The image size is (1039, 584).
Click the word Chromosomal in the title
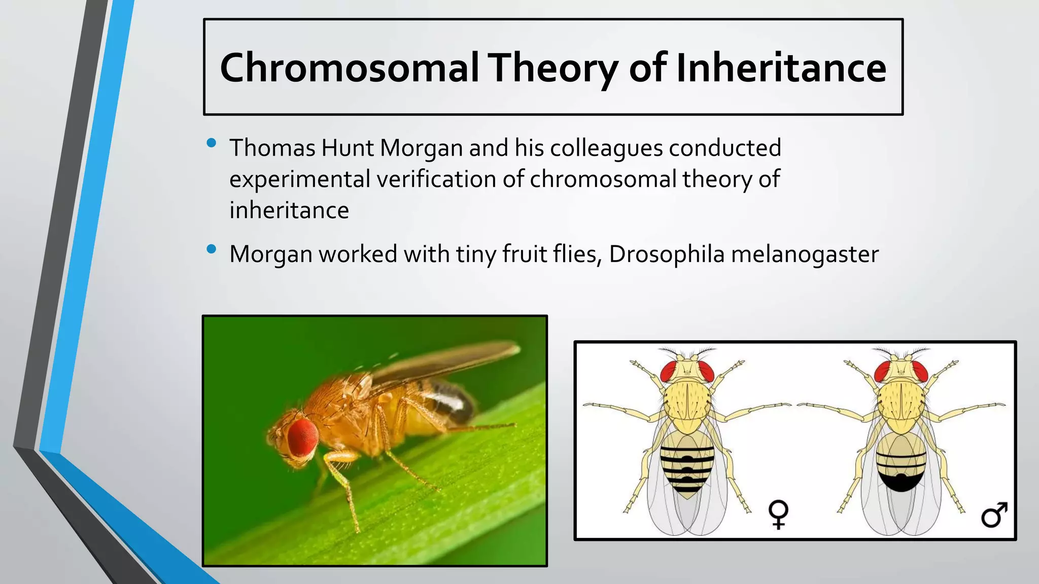click(349, 68)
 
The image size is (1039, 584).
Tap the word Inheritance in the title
click(781, 68)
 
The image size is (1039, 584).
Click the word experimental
click(299, 179)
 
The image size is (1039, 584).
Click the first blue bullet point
click(212, 143)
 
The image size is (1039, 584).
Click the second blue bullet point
click(212, 249)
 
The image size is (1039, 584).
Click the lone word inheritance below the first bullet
click(289, 210)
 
